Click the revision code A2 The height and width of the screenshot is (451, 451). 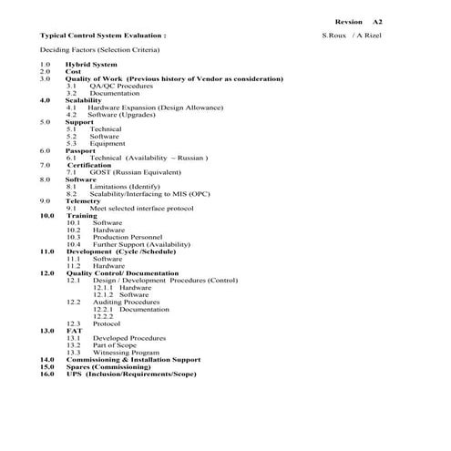point(377,20)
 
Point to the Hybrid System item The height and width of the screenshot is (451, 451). point(91,65)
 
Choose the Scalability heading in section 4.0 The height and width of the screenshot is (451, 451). point(84,100)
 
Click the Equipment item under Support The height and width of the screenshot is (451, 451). point(108,143)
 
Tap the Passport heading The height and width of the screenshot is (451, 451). point(80,150)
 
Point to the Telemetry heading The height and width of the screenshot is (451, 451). point(83,200)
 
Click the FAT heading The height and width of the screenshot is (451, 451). point(74,330)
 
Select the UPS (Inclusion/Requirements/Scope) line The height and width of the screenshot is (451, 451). point(131,374)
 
